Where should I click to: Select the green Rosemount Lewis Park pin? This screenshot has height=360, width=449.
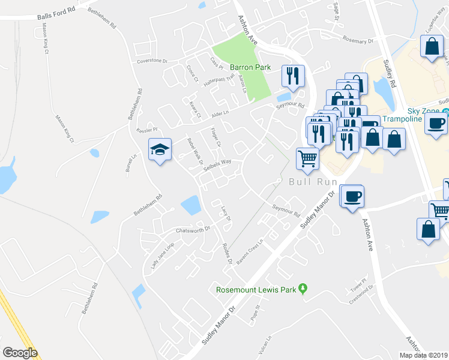tap(303, 290)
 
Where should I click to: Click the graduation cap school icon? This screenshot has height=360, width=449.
tap(160, 150)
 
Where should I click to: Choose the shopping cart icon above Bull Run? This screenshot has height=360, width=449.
tap(307, 158)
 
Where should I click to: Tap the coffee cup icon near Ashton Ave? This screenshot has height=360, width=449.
tap(352, 196)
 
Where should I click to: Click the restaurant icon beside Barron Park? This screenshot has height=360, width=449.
tap(293, 76)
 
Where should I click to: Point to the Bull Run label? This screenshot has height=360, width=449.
tap(310, 181)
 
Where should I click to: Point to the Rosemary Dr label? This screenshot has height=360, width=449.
tap(358, 41)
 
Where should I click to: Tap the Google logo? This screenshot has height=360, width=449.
tap(20, 353)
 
